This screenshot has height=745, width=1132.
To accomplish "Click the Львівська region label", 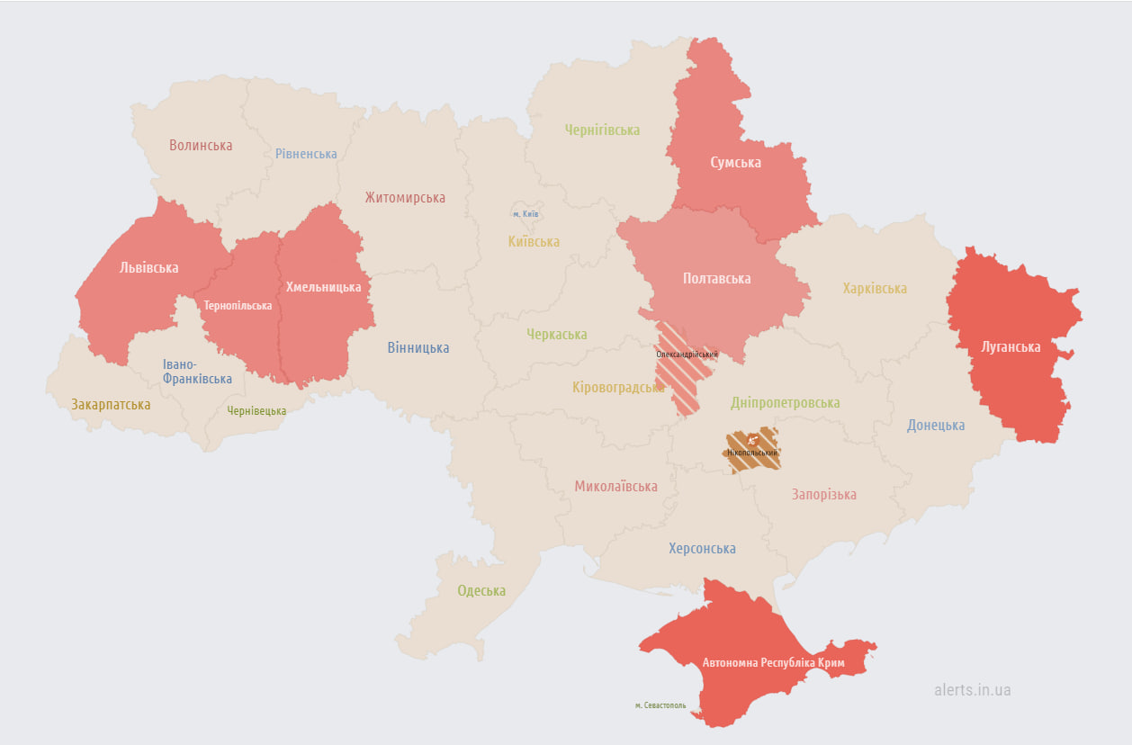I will point(148,267).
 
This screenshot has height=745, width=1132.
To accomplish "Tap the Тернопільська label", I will point(238,305).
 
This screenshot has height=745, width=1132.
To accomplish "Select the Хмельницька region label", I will point(323,287).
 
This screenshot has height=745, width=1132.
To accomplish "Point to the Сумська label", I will point(735,163).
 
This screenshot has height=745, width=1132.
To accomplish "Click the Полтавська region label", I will point(716,278).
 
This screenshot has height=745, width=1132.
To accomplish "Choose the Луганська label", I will point(1011,346).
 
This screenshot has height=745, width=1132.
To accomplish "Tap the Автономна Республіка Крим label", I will point(773,662).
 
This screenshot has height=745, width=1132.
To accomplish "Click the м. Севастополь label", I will point(660,705).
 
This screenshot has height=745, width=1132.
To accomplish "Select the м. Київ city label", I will point(526,213).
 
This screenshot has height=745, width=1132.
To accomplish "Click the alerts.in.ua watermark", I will point(972,690).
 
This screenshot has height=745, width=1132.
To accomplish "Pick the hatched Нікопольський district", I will point(753,450).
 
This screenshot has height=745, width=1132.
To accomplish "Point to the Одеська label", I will point(481,591).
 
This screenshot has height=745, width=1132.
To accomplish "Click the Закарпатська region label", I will point(111,405).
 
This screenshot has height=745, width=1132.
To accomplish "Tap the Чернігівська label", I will point(602,130).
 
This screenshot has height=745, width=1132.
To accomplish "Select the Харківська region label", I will point(875,289).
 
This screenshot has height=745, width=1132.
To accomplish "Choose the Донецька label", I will point(936,425).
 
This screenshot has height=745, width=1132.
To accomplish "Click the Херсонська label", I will point(702,548).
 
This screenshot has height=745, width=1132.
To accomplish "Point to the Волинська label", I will point(201,145).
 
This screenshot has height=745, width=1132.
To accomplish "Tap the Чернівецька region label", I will point(256,410).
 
